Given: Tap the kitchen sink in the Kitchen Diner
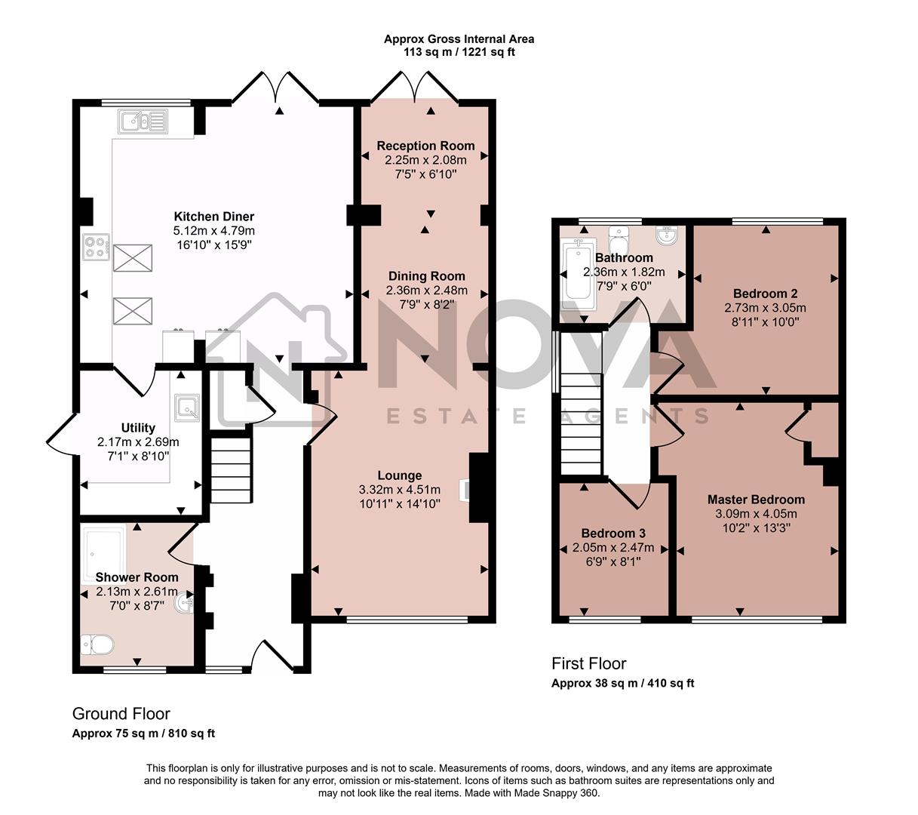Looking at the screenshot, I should [143, 121].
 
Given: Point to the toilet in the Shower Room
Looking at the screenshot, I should [97, 644].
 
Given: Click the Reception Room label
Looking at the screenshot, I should [425, 146].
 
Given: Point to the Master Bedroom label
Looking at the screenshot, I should [756, 500].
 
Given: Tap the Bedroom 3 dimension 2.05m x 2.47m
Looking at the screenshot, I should [613, 548].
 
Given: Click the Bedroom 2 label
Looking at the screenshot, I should [765, 294].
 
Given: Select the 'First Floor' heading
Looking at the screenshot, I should [588, 664].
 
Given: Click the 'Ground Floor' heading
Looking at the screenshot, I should [121, 714].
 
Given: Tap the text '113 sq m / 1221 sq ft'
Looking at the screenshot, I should [459, 52].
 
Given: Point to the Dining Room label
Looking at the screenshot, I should [426, 276].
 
